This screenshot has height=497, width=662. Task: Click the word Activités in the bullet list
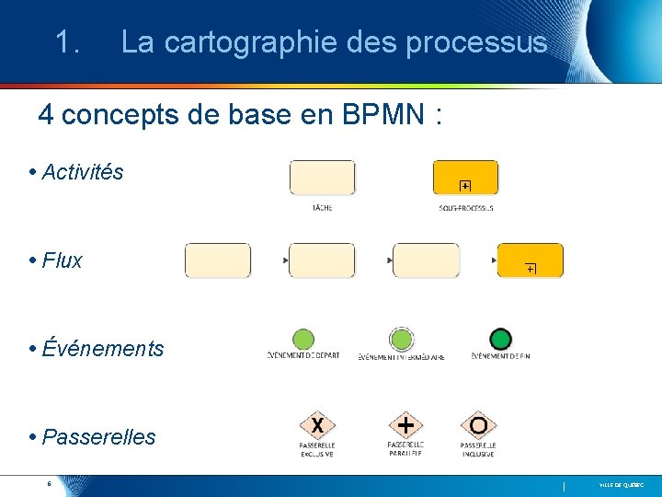pyautogui.click(x=82, y=172)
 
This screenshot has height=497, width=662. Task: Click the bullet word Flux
pyautogui.click(x=62, y=260)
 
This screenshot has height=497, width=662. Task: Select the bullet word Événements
pyautogui.click(x=102, y=349)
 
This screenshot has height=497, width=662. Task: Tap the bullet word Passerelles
pyautogui.click(x=98, y=437)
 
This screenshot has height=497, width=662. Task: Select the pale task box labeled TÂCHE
pyautogui.click(x=322, y=178)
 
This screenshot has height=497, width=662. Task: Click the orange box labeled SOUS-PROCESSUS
pyautogui.click(x=465, y=178)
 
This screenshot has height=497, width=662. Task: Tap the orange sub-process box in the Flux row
pyautogui.click(x=530, y=260)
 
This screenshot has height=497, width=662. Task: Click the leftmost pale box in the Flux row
pyautogui.click(x=218, y=260)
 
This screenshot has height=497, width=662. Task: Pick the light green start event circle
pyautogui.click(x=302, y=340)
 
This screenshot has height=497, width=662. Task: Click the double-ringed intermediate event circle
pyautogui.click(x=401, y=340)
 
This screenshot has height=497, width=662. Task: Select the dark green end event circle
pyautogui.click(x=500, y=340)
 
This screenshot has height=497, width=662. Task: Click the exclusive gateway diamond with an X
pyautogui.click(x=317, y=425)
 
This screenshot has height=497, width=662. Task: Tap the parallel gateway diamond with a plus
pyautogui.click(x=405, y=425)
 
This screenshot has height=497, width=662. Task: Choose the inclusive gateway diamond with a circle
pyautogui.click(x=478, y=425)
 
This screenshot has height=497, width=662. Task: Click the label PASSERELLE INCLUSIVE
pyautogui.click(x=478, y=449)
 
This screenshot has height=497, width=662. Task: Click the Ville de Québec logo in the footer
pyautogui.click(x=622, y=484)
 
